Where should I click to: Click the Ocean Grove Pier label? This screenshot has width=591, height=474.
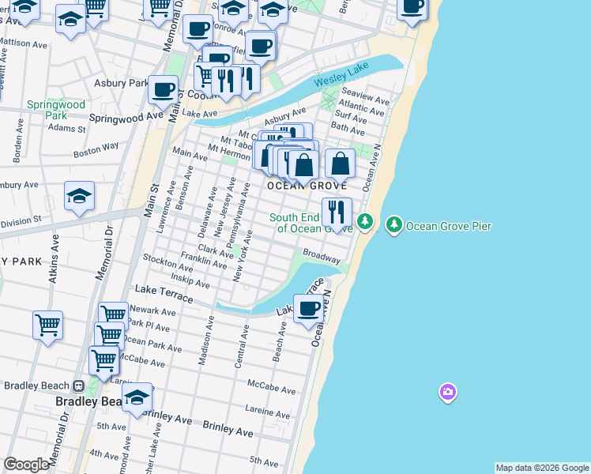449,227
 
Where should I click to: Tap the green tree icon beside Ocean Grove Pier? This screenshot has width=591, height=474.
393,226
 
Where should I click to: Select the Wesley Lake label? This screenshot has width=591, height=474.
341,79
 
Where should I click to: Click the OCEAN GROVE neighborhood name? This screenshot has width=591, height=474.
307,186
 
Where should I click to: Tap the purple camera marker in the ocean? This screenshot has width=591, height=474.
448,392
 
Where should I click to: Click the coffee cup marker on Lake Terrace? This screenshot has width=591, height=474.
309,308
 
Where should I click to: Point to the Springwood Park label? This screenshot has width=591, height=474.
55,109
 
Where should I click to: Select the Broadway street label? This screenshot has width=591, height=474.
322,257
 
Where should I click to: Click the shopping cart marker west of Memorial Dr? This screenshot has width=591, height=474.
48,323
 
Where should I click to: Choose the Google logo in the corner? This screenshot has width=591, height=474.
26,465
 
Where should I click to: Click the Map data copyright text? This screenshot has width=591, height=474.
542,468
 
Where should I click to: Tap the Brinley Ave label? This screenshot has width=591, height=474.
228,432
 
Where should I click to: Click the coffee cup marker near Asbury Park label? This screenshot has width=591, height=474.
164,91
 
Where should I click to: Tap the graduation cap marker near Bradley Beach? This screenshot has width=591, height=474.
137,397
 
